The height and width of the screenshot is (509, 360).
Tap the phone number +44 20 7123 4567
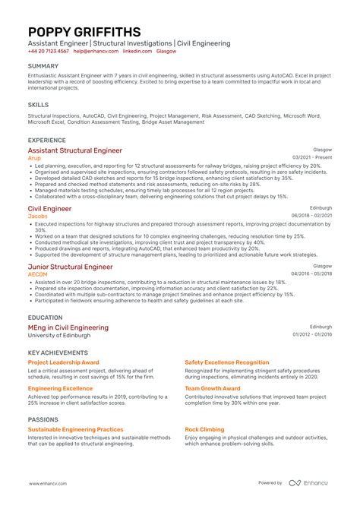pyautogui.click(x=49, y=52)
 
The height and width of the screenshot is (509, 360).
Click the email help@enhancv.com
pyautogui.click(x=95, y=52)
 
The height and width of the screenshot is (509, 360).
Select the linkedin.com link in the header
pyautogui.click(x=137, y=52)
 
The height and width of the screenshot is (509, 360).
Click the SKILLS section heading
pyautogui.click(x=38, y=105)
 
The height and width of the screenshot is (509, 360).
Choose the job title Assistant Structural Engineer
pyautogui.click(x=74, y=150)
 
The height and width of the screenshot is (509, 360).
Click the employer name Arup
pyautogui.click(x=34, y=158)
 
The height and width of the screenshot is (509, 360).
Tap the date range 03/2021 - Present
pyautogui.click(x=311, y=158)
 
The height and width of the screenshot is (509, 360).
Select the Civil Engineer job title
pyautogui.click(x=49, y=208)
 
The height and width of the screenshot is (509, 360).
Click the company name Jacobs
pyautogui.click(x=37, y=216)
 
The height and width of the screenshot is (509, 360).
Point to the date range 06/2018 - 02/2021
pyautogui.click(x=311, y=216)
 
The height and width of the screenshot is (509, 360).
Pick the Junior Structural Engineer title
pyautogui.click(x=70, y=267)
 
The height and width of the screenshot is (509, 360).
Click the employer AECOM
pyautogui.click(x=38, y=274)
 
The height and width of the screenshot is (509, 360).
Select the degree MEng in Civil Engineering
pyautogui.click(x=68, y=327)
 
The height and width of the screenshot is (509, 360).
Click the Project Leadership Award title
pyautogui.click(x=64, y=362)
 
